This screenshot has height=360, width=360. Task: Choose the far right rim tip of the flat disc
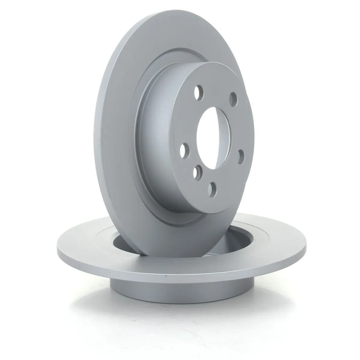click(x=307, y=237)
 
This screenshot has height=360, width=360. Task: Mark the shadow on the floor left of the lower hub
click(x=90, y=288)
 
